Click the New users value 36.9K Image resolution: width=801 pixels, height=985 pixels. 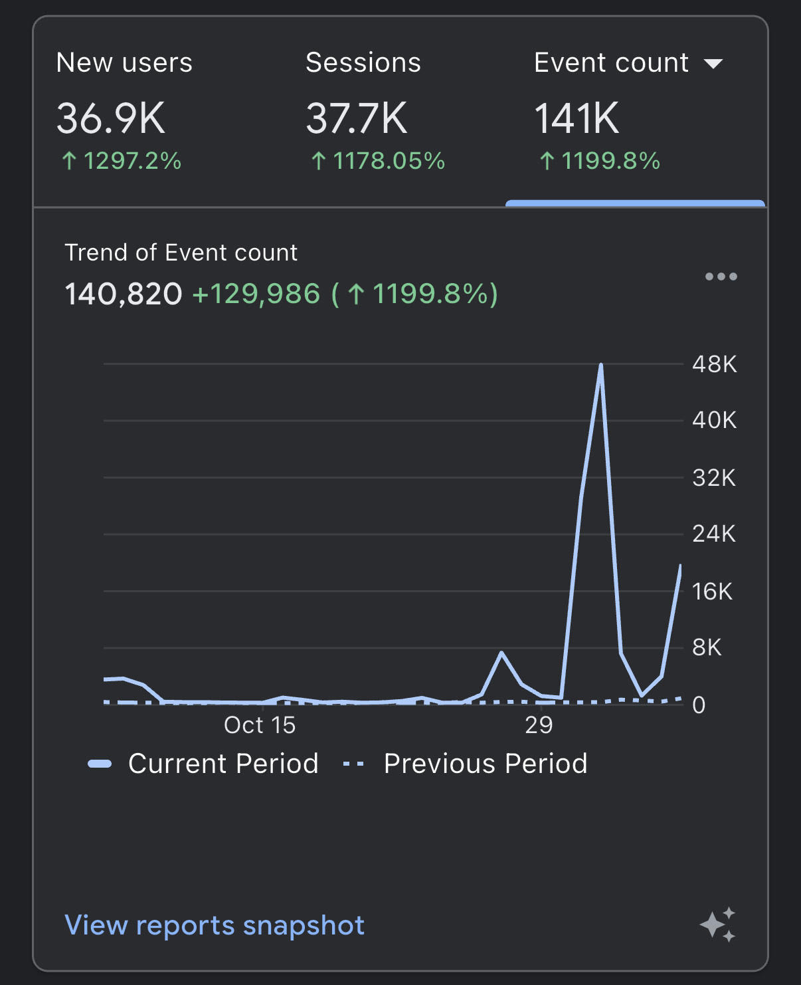[111, 119]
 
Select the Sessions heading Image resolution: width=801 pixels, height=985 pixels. [363, 63]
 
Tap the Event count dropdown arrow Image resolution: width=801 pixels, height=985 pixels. [713, 64]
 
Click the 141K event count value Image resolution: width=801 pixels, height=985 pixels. [577, 119]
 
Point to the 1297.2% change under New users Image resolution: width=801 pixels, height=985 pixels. [122, 161]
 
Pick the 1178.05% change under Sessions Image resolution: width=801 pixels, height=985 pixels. [378, 161]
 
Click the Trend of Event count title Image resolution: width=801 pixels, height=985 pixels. [181, 253]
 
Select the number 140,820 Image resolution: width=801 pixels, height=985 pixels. [123, 294]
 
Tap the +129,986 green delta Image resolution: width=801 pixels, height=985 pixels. [256, 294]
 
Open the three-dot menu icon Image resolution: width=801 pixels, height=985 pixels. [721, 276]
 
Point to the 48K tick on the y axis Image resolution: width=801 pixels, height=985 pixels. [714, 364]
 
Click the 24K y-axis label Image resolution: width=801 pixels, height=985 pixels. [714, 534]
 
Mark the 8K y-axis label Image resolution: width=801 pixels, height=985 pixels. [707, 647]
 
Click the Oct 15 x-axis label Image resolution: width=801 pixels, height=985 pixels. [260, 725]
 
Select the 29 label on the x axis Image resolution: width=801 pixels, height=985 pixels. [539, 725]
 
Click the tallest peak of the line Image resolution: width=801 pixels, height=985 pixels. [600, 366]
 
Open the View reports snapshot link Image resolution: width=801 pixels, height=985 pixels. [215, 925]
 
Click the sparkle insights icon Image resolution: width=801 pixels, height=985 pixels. [717, 925]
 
